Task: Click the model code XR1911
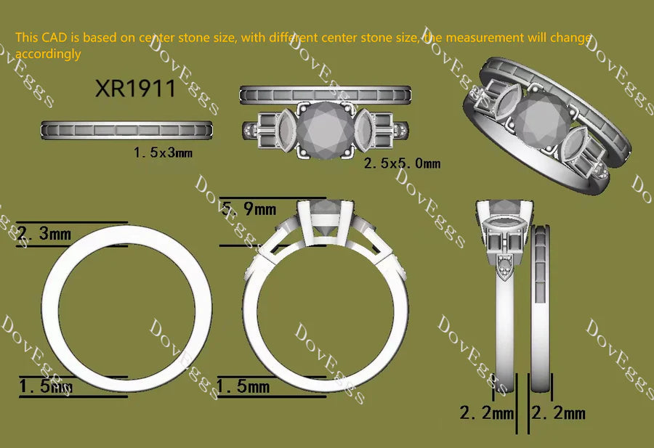(x=135, y=89)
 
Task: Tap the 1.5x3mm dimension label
(x=163, y=152)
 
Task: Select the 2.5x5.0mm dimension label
(x=402, y=163)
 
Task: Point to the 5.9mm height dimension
(x=249, y=208)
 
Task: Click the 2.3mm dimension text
(x=44, y=233)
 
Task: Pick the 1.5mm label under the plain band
(x=46, y=386)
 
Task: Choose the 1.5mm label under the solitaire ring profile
(x=243, y=386)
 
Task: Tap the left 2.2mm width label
(x=487, y=413)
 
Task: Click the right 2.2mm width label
(x=559, y=413)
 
